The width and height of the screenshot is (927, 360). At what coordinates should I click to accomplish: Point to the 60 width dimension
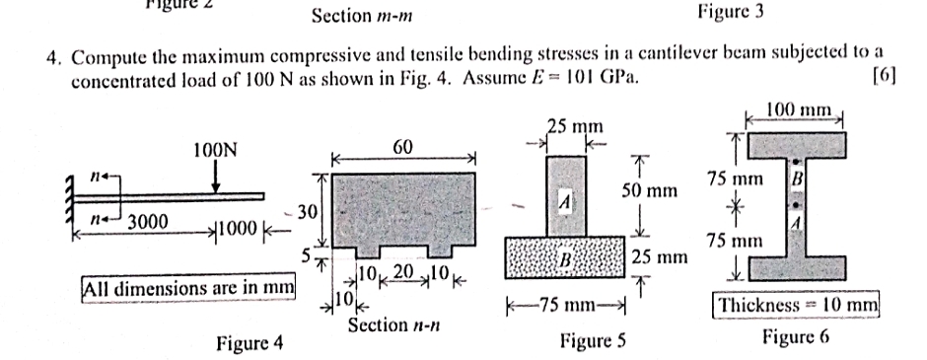(401, 147)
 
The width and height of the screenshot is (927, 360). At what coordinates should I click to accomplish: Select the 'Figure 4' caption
(250, 343)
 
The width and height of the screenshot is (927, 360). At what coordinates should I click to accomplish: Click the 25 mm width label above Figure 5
(575, 126)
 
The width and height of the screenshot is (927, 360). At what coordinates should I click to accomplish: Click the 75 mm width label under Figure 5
(566, 303)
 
